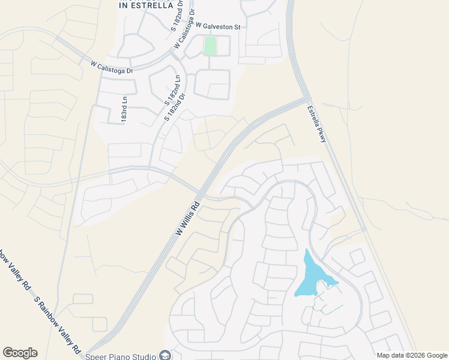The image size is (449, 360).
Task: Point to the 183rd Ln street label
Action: pos(125,110)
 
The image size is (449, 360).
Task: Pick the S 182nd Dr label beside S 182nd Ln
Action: pos(174,106)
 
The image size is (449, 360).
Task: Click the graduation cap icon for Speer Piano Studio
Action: pos(163,355)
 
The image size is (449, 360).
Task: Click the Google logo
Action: pos(20,353)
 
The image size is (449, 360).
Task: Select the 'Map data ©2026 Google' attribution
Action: pos(412,355)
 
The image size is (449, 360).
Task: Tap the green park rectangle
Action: pos(209,46)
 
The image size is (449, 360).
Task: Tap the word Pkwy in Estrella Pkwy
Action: pos(320,133)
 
